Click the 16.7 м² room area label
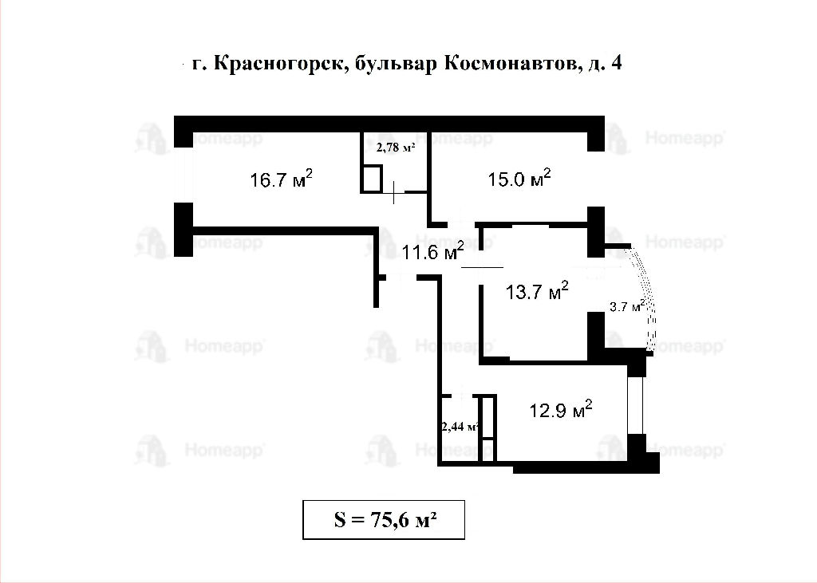pyautogui.click(x=282, y=179)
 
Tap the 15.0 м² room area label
pyautogui.click(x=519, y=178)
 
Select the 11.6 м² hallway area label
pyautogui.click(x=433, y=252)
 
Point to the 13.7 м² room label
pyautogui.click(x=537, y=291)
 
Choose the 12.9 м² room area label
pyautogui.click(x=561, y=410)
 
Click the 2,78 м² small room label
pyautogui.click(x=396, y=148)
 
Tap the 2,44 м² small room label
pyautogui.click(x=460, y=427)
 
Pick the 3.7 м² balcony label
pyautogui.click(x=627, y=305)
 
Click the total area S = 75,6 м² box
pyautogui.click(x=384, y=519)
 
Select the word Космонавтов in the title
pyautogui.click(x=511, y=63)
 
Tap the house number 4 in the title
pyautogui.click(x=617, y=62)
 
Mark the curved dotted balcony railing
pyautogui.click(x=649, y=297)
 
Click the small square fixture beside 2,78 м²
pyautogui.click(x=372, y=179)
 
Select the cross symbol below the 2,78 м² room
pyautogui.click(x=394, y=192)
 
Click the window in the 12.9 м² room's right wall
pyautogui.click(x=636, y=405)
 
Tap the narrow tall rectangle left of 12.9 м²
pyautogui.click(x=487, y=428)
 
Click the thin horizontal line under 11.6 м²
pyautogui.click(x=483, y=267)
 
